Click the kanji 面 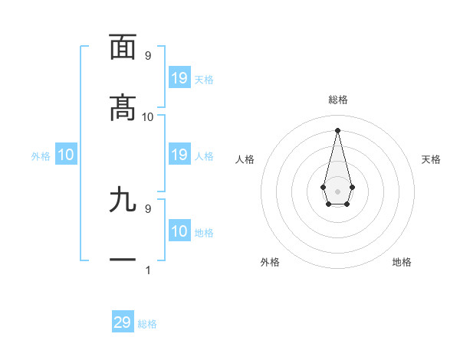coord(123,47)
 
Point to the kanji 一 coord(123,260)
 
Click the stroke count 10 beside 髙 coord(148,116)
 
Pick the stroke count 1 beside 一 coord(148,270)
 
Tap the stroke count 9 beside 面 coord(148,55)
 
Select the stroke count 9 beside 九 coord(148,208)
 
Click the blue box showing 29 coord(123,322)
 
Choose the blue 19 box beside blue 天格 coord(179,78)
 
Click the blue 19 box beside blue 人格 coord(179,155)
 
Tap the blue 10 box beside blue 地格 coord(179,231)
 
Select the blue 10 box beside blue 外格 coord(66,155)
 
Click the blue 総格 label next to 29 coord(147,324)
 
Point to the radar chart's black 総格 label coord(337,100)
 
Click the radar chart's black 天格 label coord(432,159)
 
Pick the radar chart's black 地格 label coord(402,262)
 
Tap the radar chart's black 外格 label coord(270,262)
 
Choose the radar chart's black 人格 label coord(245,159)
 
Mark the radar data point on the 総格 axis coord(337,129)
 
